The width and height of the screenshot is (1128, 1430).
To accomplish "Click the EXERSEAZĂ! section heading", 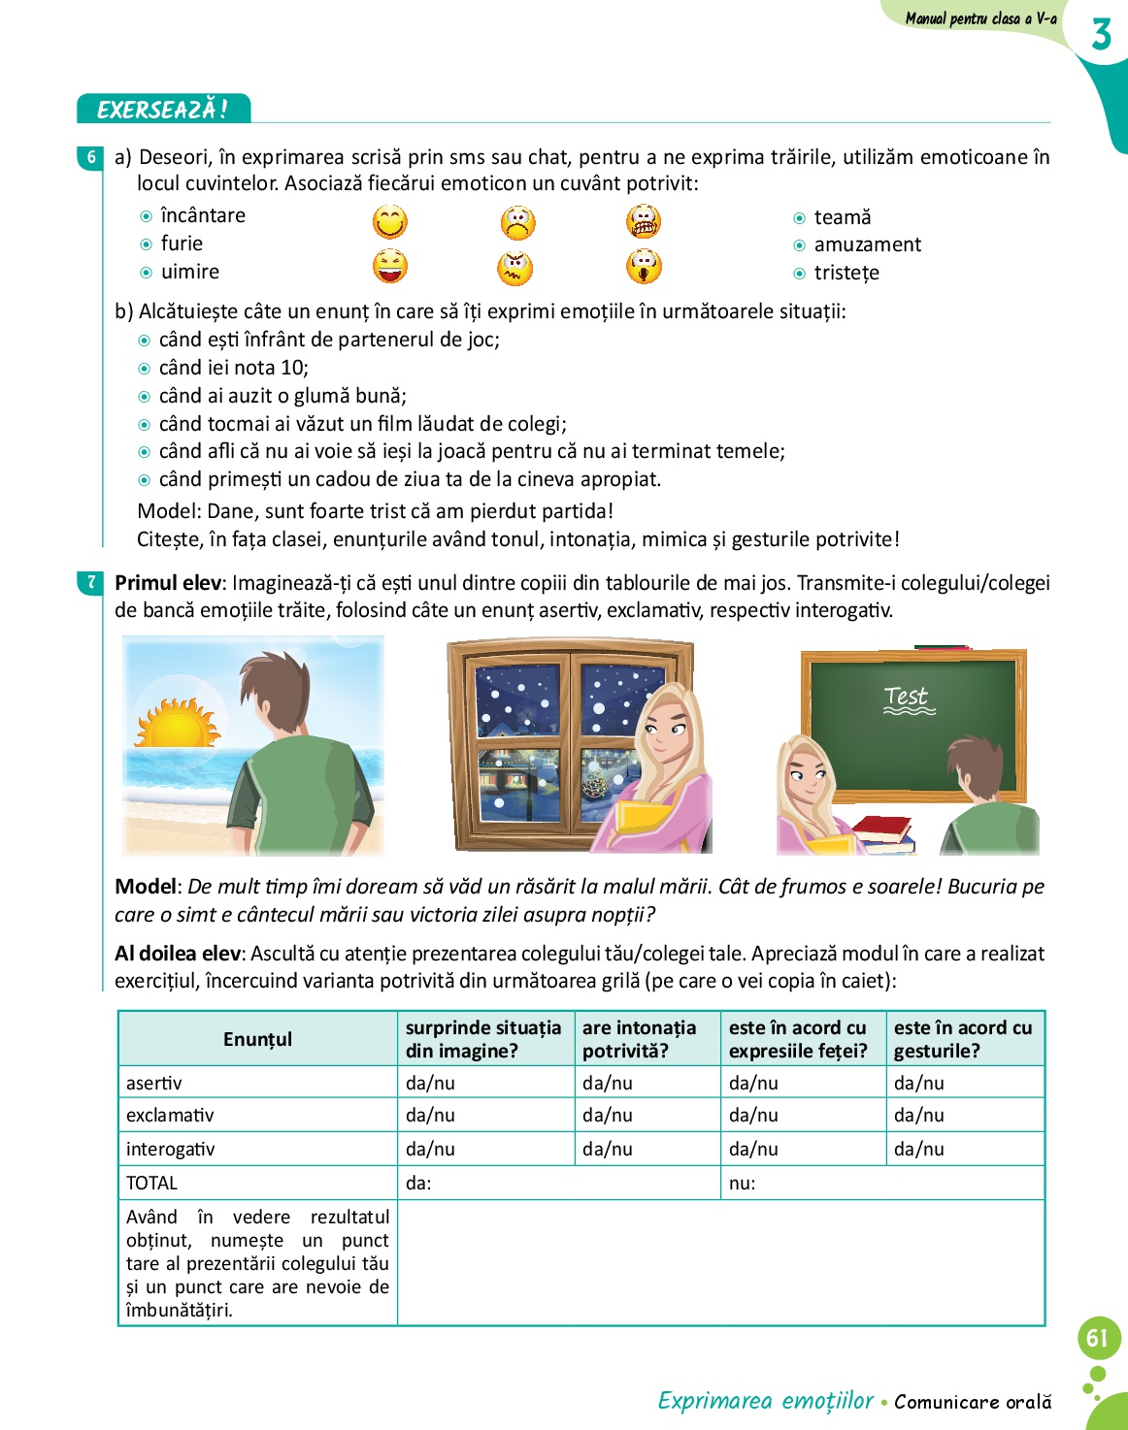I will pyautogui.click(x=163, y=109).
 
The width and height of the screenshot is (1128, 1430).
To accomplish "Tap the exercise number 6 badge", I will pyautogui.click(x=91, y=157).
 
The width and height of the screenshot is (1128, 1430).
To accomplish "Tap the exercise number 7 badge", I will pyautogui.click(x=91, y=582).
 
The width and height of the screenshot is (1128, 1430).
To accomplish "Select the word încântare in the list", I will pyautogui.click(x=203, y=215).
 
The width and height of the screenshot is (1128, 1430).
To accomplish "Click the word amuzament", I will pyautogui.click(x=867, y=244).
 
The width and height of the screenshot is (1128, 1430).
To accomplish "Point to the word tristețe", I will pyautogui.click(x=846, y=273).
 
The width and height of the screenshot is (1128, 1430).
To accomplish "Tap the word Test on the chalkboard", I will pyautogui.click(x=907, y=697).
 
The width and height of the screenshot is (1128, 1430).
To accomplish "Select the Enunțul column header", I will pyautogui.click(x=257, y=1039).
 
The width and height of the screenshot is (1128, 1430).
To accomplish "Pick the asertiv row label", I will pyautogui.click(x=154, y=1083).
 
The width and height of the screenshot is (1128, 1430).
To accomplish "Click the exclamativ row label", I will pyautogui.click(x=170, y=1116).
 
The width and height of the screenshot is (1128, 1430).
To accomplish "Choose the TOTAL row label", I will pyautogui.click(x=152, y=1183).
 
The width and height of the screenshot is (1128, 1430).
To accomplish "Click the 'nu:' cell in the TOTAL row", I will pyautogui.click(x=743, y=1183).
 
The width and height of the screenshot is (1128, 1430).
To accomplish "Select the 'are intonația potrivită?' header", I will pyautogui.click(x=640, y=1039).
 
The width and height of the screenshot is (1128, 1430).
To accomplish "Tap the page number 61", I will pyautogui.click(x=1098, y=1339).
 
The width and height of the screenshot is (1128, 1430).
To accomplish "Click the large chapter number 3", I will pyautogui.click(x=1101, y=35).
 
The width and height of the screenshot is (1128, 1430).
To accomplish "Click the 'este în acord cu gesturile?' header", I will pyautogui.click(x=963, y=1039).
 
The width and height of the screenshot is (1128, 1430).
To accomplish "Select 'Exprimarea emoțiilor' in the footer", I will pyautogui.click(x=766, y=1400).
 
